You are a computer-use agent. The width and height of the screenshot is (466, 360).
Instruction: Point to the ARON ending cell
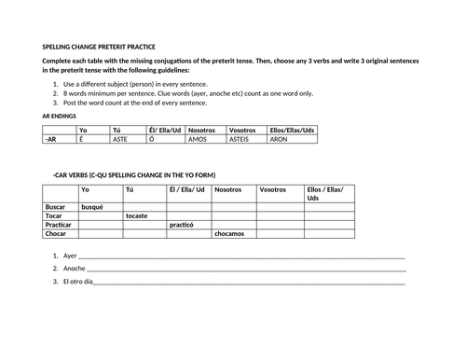point(280,138)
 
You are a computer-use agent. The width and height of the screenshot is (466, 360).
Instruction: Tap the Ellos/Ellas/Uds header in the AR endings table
point(292,130)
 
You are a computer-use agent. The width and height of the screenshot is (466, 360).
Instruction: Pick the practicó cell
point(182,225)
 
